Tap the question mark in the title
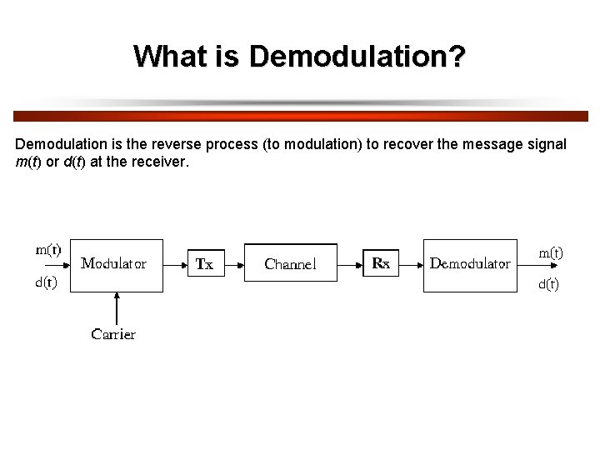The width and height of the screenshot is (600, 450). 457,57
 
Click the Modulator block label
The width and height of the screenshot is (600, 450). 114,263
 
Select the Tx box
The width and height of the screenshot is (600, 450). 205,264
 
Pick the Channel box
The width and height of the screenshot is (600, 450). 290,263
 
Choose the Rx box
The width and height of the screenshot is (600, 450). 381,263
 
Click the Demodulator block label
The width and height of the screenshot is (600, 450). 470,263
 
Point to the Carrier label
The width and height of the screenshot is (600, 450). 113,334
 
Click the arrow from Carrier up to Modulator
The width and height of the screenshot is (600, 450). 117,307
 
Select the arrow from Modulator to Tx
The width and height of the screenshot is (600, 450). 174,265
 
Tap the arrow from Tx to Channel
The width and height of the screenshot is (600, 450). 234,265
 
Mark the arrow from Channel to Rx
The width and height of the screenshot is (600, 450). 350,265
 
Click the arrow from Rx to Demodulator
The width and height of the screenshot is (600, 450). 411,265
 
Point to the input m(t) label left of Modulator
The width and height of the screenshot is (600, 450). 48,248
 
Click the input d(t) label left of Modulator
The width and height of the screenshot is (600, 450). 46,282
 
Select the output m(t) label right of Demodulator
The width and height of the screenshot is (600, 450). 551,252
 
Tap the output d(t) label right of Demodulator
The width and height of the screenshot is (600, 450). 548,284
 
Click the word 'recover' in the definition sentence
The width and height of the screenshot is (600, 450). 407,144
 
